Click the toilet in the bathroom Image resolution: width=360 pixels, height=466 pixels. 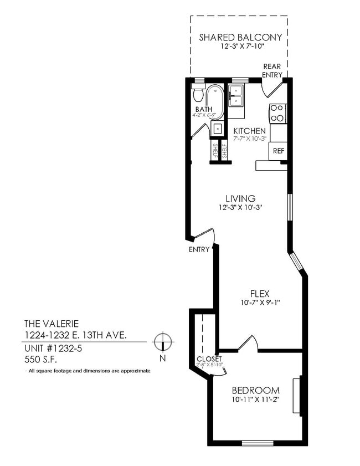(198, 93)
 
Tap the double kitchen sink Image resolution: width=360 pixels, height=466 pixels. (236, 95)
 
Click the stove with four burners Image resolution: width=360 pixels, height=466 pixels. (277, 112)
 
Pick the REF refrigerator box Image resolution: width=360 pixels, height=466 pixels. (278, 150)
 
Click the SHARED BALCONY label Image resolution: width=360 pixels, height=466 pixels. (240, 38)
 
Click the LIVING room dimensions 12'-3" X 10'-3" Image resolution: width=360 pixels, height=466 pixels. (240, 208)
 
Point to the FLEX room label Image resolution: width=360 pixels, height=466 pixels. (259, 294)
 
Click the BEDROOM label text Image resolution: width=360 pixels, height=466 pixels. (255, 390)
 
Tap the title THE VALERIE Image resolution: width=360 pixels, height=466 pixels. (52, 323)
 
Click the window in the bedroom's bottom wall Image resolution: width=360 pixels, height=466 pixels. (254, 442)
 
